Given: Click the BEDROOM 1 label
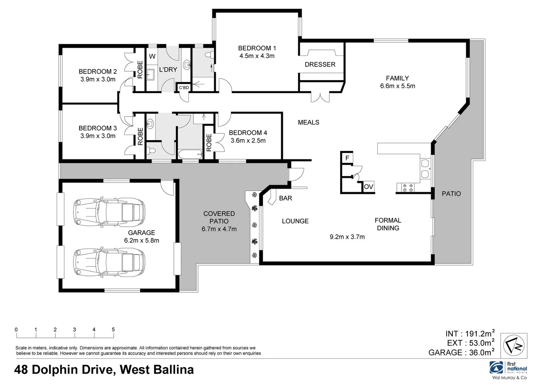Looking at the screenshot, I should [257, 48].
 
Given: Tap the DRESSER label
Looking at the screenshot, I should [320, 65].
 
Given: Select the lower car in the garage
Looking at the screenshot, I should [109, 262].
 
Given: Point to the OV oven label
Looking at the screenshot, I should [368, 187].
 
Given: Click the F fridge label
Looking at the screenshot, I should [347, 158].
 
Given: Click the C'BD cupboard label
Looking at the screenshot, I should [184, 88].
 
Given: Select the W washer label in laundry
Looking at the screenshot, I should [152, 56].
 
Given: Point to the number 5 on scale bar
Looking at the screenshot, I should [113, 330].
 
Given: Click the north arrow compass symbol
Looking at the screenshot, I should [514, 345].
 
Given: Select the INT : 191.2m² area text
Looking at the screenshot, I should [470, 334].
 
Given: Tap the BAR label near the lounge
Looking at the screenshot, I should [285, 198].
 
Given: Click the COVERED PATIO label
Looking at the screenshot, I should [219, 217].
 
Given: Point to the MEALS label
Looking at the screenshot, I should [309, 123].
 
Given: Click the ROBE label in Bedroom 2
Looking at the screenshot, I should [140, 69].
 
